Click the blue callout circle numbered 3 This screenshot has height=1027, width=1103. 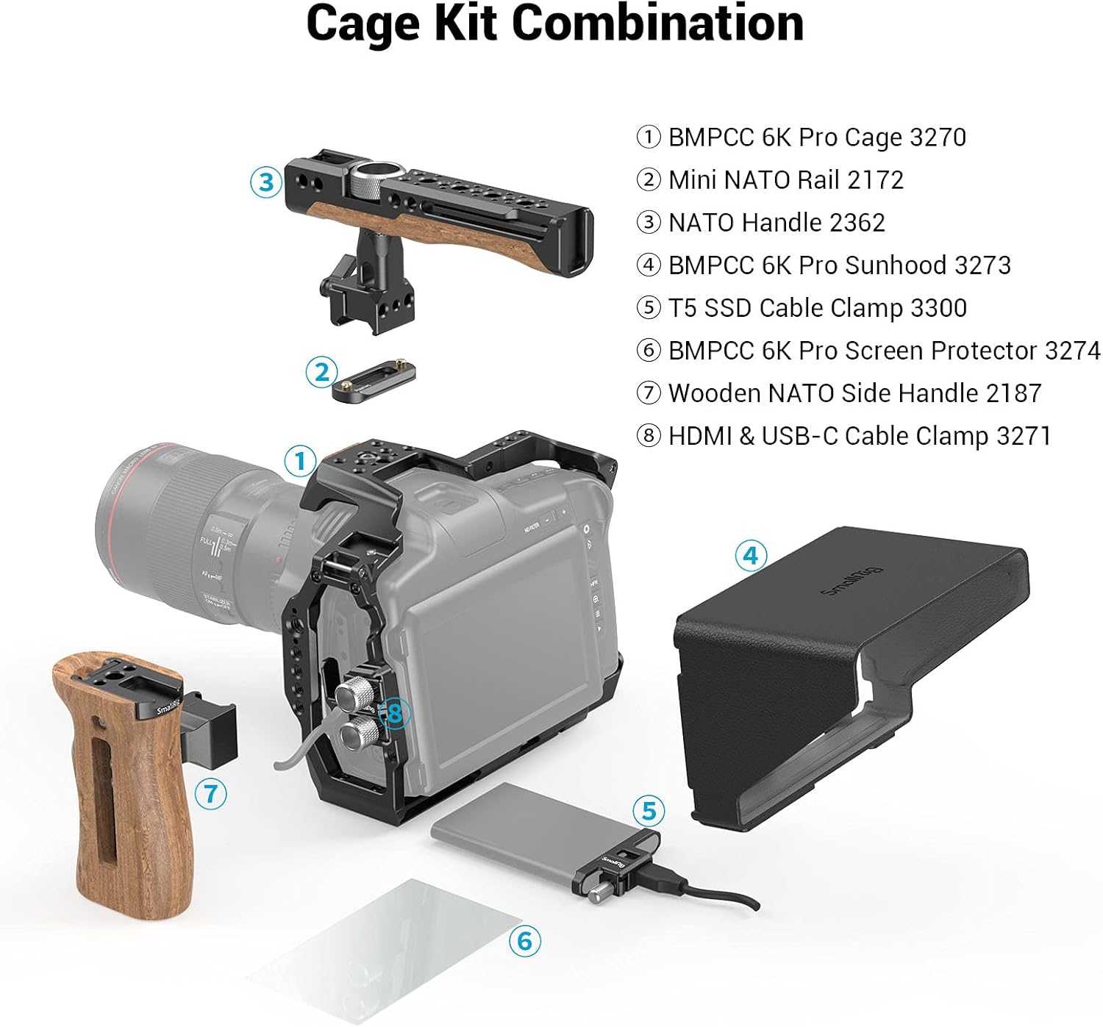point(266,182)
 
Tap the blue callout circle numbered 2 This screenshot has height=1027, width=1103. point(321,373)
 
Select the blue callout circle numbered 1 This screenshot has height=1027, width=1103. point(300,461)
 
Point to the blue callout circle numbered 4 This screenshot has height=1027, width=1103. point(751,555)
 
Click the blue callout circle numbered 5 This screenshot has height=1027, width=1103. point(649,811)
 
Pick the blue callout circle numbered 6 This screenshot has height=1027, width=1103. point(524,940)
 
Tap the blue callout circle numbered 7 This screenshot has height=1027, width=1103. point(211,793)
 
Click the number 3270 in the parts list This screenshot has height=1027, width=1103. point(938,137)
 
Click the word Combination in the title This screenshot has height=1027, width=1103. point(657,24)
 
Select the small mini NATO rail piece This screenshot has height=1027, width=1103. point(374,380)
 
